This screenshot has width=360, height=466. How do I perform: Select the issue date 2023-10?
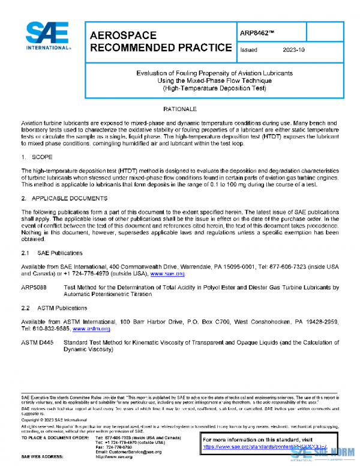pyautogui.click(x=294, y=50)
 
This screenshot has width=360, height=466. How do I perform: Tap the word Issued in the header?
pyautogui.click(x=248, y=50)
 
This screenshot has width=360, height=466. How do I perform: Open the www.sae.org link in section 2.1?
pyautogui.click(x=163, y=274)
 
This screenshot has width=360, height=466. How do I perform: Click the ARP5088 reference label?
pyautogui.click(x=35, y=288)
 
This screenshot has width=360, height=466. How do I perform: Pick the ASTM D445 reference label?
pyautogui.click(x=37, y=342)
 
